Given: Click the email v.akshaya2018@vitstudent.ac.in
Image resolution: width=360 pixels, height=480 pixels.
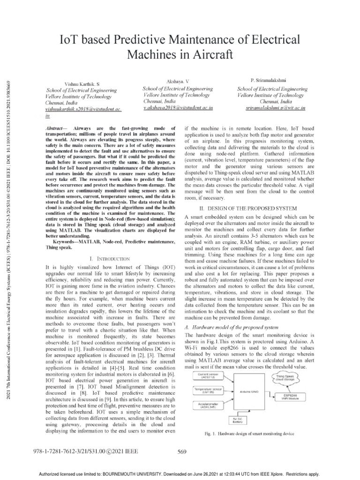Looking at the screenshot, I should pyautogui.click(x=172, y=107).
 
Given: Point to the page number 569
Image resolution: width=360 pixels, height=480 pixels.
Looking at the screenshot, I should pyautogui.click(x=183, y=451).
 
